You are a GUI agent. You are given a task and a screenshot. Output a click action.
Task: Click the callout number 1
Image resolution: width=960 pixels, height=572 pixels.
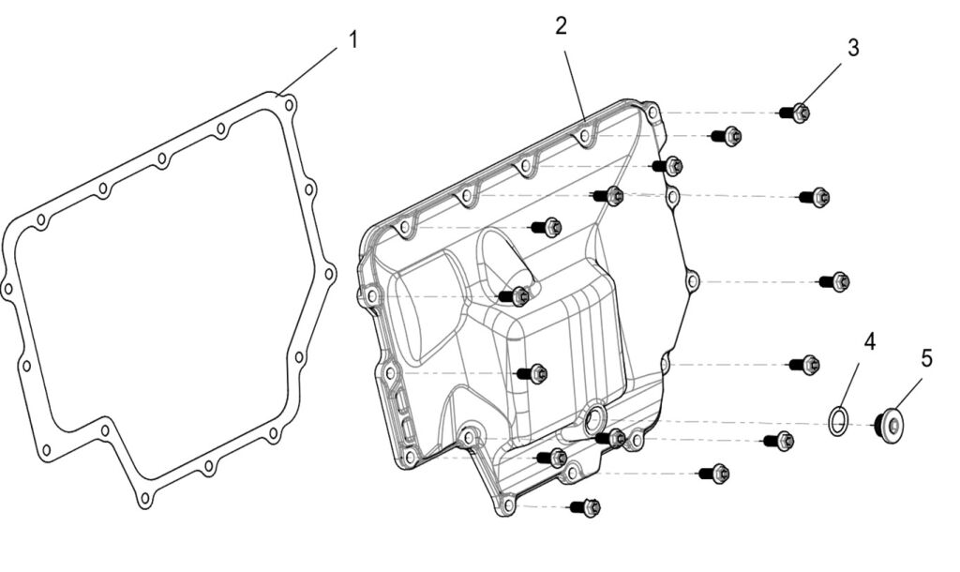coord(352,39)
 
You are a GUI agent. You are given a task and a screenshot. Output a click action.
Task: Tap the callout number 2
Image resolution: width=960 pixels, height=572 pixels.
coord(562,25)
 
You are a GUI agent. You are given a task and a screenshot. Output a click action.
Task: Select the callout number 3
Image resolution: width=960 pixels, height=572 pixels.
coord(853,48)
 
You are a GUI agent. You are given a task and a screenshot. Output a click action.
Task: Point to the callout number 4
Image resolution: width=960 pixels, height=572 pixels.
coord(869,341)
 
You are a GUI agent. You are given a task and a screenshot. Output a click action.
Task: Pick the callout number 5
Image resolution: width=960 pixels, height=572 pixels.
coord(927,358)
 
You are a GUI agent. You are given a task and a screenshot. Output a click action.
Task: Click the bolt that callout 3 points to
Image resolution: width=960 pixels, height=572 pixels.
coord(795,113)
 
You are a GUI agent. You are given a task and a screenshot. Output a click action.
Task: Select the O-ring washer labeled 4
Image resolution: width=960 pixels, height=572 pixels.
coord(838,421)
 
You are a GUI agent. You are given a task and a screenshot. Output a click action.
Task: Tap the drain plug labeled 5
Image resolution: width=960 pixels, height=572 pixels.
coord(889,425)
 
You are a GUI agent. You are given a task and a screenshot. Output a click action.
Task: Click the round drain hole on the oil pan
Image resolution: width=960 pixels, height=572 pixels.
coord(593,419)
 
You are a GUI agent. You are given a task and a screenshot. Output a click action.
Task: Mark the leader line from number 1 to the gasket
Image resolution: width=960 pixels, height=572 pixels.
coord(307,71)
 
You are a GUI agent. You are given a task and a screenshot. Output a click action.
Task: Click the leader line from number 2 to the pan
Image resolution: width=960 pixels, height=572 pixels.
coord(575,85)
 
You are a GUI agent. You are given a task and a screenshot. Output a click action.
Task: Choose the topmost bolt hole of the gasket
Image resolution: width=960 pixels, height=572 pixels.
coord(291,105)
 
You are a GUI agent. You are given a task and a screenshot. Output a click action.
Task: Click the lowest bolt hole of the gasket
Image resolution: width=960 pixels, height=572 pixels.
coord(144,497)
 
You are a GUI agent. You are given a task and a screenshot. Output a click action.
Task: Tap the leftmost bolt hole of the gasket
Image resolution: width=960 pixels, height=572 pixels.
coord(7,288)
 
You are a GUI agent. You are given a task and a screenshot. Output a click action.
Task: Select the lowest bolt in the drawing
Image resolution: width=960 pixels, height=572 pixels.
coord(585,507)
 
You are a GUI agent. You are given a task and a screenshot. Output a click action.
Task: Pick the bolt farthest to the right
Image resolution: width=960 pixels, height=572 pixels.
coord(834,281)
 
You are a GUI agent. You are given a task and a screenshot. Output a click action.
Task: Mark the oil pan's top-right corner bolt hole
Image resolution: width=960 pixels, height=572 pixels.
coord(652,113)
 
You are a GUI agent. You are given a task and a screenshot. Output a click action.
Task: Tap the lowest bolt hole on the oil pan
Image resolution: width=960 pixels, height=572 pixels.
coord(507,505)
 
